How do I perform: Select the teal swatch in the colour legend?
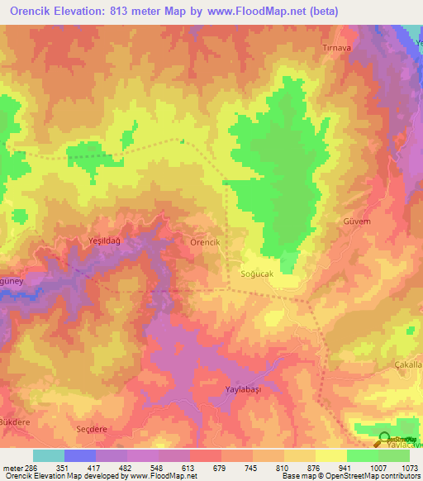48,455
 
